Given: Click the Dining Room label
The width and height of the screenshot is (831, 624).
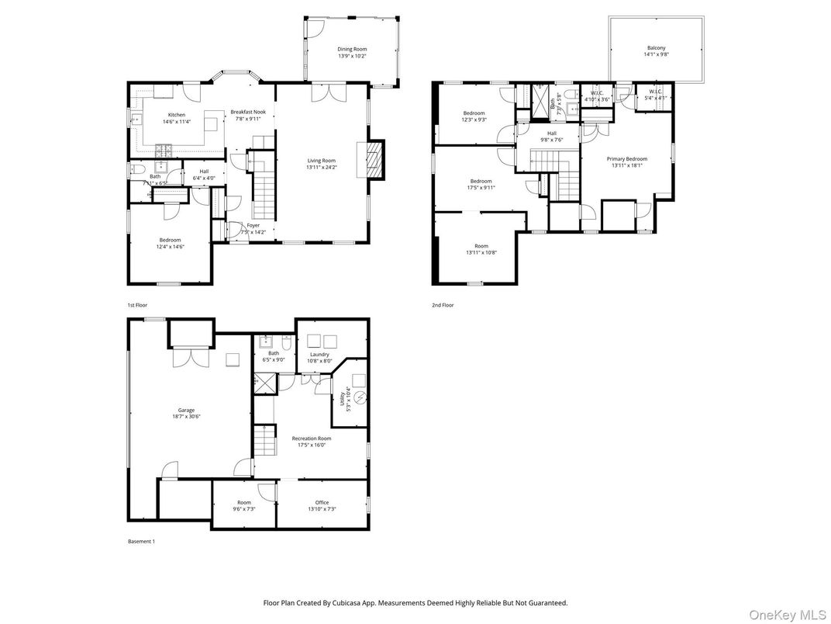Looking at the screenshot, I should (x=351, y=49).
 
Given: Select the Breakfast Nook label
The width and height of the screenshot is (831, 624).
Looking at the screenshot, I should (x=248, y=113).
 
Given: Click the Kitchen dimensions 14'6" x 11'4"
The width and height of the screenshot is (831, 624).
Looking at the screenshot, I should (x=177, y=122).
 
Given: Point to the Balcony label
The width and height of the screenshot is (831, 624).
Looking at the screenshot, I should (x=656, y=47).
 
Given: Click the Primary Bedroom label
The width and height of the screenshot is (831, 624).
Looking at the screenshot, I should (x=628, y=158).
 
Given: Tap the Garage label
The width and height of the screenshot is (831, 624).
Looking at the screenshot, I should (x=186, y=410).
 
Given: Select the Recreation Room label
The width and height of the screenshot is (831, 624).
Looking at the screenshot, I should (x=312, y=439).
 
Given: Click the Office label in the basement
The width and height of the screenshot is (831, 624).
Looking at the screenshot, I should (x=322, y=502).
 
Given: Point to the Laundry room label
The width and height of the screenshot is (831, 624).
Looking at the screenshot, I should (x=320, y=354).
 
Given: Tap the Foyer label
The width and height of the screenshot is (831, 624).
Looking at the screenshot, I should (x=253, y=225).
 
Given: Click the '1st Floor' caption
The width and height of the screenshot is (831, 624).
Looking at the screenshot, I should (x=137, y=305).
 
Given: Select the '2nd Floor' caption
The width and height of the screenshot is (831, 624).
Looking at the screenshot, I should (x=443, y=305).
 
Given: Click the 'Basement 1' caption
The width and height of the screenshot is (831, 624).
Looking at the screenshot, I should (x=141, y=541).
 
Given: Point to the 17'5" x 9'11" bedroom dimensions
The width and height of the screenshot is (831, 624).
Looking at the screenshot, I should (x=481, y=187).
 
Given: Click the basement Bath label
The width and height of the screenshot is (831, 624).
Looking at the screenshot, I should (x=274, y=353).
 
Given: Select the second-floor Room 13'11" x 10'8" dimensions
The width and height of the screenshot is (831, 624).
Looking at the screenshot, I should (x=481, y=252).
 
